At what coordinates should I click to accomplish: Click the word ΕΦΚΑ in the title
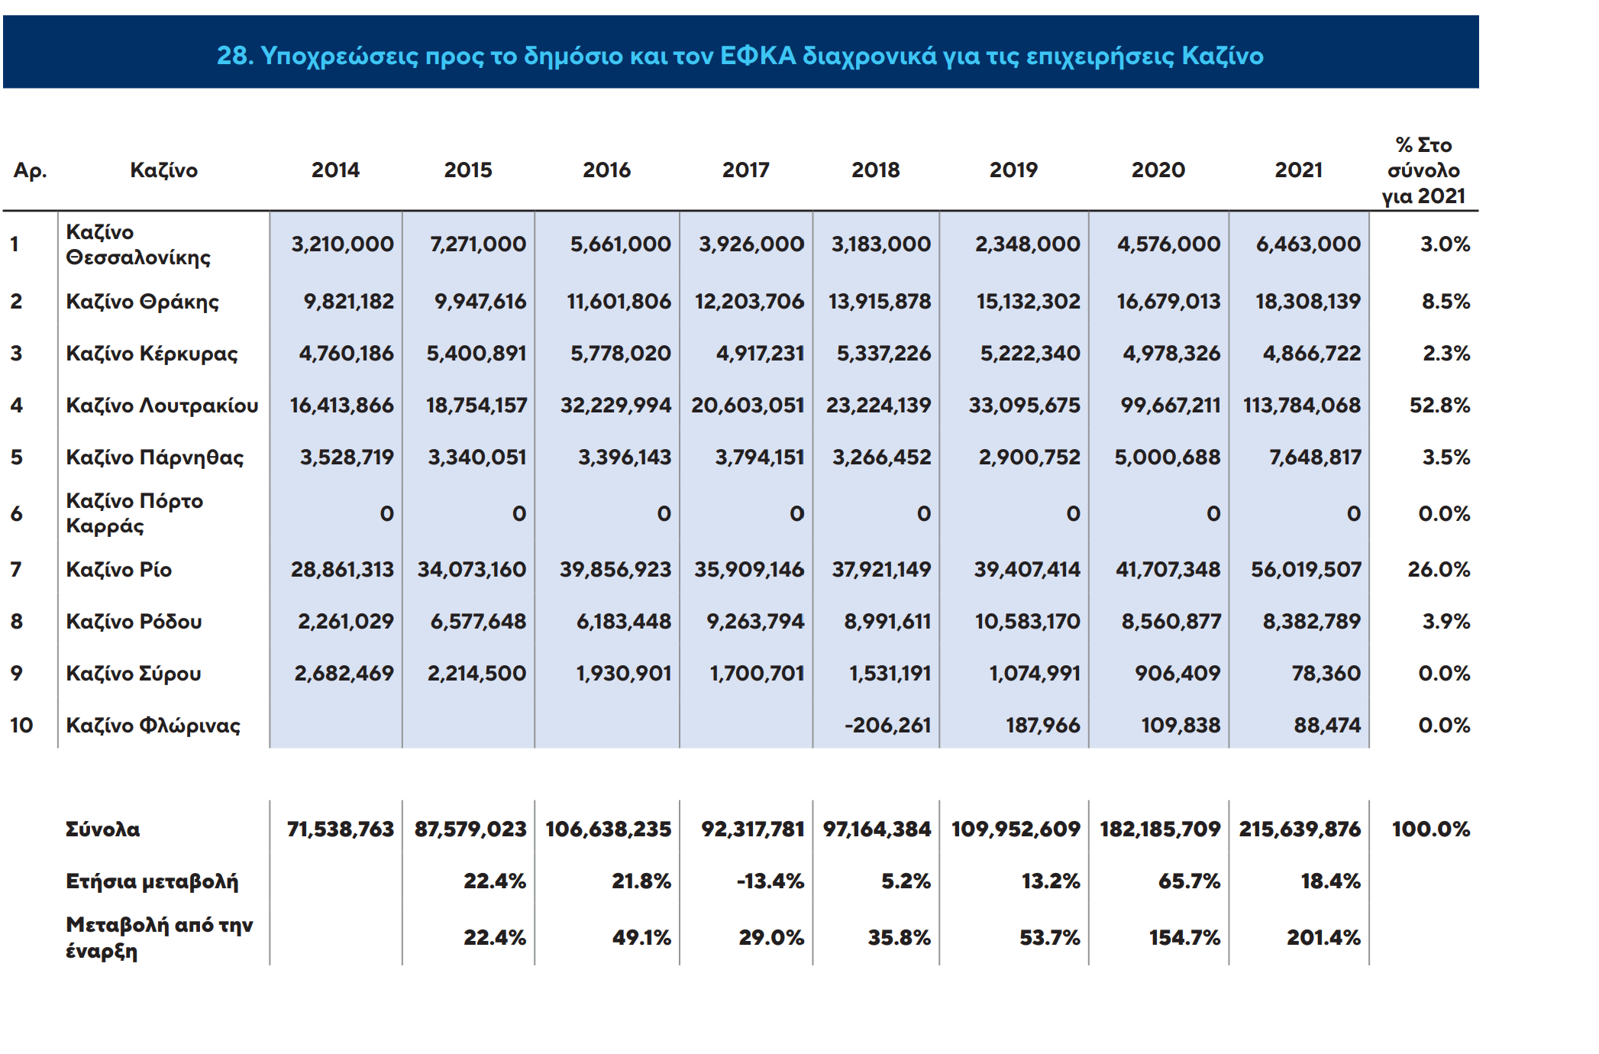pos(757,56)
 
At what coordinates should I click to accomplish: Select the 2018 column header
pos(875,170)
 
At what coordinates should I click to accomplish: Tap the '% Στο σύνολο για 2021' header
pos(1423,170)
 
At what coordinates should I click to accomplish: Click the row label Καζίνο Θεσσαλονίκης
pos(138,244)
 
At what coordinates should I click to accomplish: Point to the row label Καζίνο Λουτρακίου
pos(162,405)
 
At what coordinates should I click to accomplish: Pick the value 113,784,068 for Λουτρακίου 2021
pos(1301,405)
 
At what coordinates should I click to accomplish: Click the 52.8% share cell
pos(1439,405)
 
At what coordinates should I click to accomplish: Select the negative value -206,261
pos(887,725)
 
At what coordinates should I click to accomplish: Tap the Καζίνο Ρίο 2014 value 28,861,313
pos(342,569)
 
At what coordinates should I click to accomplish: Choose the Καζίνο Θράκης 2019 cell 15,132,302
pos(1028,301)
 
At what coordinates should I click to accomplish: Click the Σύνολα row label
pos(103,829)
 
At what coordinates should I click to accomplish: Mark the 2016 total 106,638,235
pos(608,829)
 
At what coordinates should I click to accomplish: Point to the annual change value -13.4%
pos(770,881)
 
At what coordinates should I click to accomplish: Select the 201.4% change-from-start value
pos(1323,937)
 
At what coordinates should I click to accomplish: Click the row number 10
pos(21,725)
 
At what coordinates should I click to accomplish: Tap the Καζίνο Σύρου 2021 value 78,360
pos(1326,673)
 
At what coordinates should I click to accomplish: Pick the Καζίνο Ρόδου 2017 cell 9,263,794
pos(755,621)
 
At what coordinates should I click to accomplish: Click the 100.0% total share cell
pos(1430,829)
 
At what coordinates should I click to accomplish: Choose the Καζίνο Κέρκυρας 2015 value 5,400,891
pos(476,353)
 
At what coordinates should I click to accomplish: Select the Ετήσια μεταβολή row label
pos(152,881)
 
